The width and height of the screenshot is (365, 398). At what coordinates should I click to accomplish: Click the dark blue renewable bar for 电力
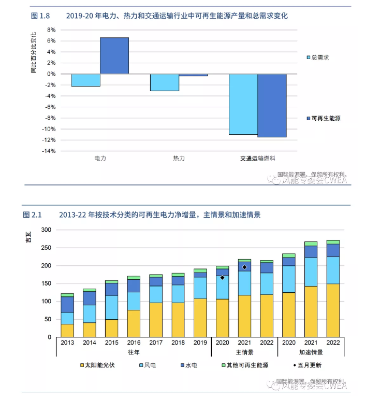[x=114, y=55]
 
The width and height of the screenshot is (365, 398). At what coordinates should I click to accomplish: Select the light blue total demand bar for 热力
[x=165, y=82]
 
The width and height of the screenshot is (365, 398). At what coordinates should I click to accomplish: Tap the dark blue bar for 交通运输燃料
[x=272, y=105]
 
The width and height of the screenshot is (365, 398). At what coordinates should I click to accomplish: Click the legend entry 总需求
[x=320, y=57]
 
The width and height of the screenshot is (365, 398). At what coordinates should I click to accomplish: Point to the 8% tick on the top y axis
[x=51, y=30]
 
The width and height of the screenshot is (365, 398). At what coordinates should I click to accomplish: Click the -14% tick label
[x=49, y=151]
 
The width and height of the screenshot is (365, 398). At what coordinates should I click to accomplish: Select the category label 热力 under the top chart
[x=179, y=158]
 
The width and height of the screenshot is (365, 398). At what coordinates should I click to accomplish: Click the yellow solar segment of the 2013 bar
[x=67, y=331]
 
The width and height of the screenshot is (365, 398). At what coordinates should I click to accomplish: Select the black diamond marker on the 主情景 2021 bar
[x=244, y=267]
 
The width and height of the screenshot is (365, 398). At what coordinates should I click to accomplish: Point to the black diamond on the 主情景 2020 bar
[x=222, y=278]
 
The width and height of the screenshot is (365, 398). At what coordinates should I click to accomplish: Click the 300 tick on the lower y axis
[x=46, y=230]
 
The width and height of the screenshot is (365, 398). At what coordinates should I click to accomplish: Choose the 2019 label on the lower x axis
[x=200, y=343]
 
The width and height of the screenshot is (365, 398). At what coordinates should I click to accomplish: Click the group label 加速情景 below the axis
[x=311, y=352]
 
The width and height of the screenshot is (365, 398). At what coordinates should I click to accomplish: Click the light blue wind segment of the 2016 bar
[x=134, y=301]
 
